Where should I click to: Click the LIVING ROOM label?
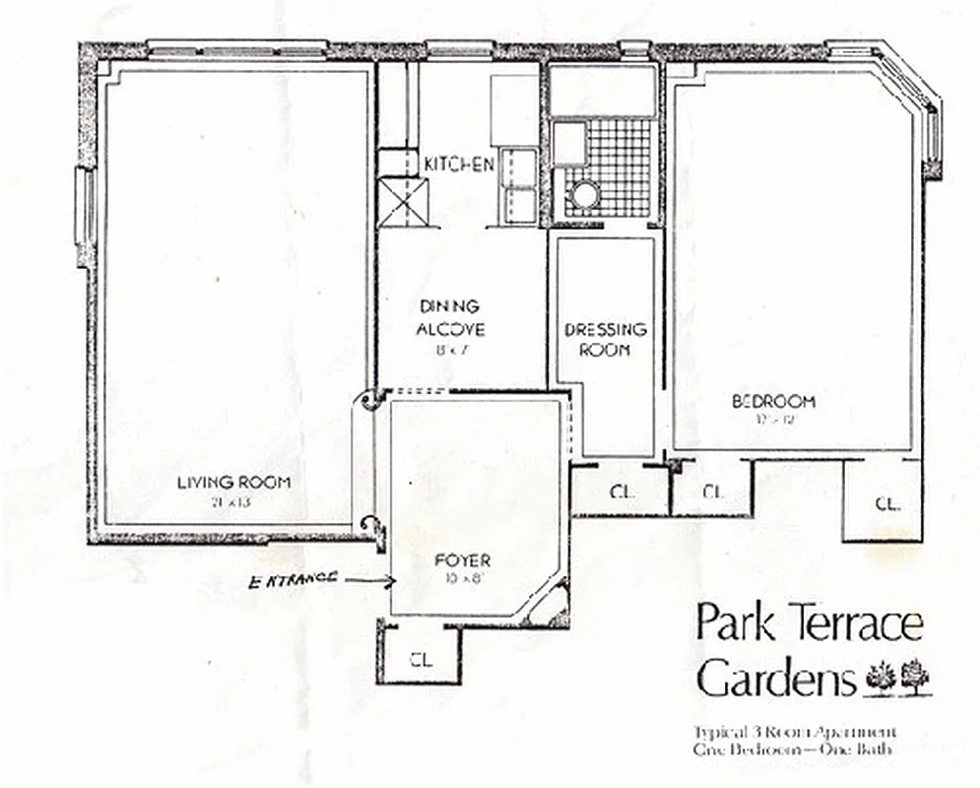233,482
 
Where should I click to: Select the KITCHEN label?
458,164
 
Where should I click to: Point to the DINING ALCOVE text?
449,317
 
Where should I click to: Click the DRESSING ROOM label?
606,338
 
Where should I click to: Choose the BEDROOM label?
773,401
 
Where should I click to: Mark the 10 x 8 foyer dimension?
462,578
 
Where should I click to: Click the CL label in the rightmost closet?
886,503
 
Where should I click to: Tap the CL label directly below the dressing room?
621,492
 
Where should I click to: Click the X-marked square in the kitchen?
404,203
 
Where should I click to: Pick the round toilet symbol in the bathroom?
584,194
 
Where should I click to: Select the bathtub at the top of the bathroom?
603,90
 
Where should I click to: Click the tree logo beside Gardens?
898,677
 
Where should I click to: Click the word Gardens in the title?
776,678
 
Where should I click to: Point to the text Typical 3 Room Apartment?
794,733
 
